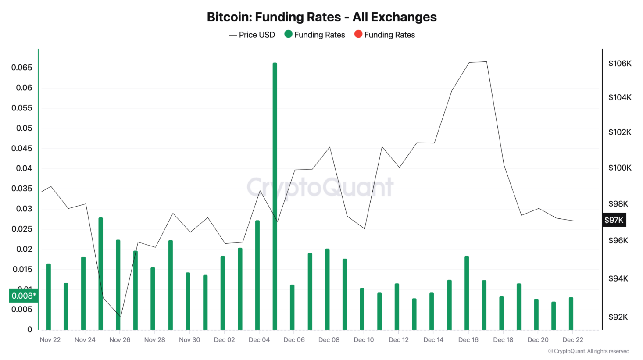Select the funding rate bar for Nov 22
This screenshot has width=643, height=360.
tap(49, 297)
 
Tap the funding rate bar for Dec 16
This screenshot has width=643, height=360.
tap(467, 293)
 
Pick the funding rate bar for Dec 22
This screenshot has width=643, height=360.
tap(571, 314)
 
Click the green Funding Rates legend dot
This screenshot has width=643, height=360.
tap(288, 34)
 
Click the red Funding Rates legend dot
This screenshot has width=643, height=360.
tap(358, 34)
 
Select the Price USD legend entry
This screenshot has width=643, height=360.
tap(252, 35)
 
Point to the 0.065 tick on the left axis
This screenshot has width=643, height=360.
tap(22, 68)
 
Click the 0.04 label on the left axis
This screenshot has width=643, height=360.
tap(24, 168)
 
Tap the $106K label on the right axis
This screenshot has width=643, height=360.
tap(620, 64)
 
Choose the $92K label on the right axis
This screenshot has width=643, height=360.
tap(618, 317)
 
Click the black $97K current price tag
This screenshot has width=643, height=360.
tap(614, 220)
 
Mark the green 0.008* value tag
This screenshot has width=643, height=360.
tap(24, 296)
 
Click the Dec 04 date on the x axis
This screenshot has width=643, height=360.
tap(259, 340)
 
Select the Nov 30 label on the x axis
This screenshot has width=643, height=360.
tap(189, 340)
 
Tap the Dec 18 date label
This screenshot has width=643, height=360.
tap(503, 340)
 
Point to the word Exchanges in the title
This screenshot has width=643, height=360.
tap(404, 17)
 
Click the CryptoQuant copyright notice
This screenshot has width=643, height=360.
tap(589, 351)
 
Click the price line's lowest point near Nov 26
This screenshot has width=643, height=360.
tap(120, 317)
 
